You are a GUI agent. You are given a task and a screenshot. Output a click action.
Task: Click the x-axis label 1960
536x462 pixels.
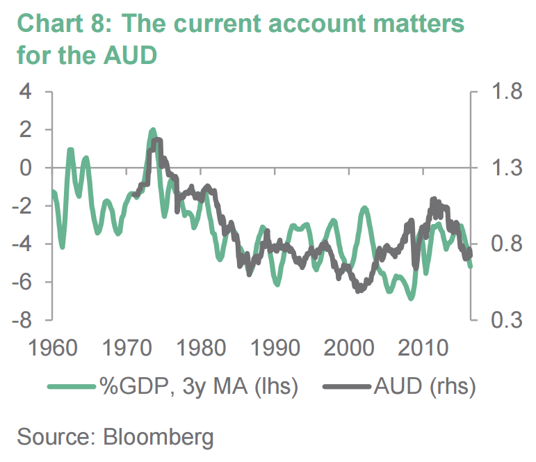pyautogui.click(x=49, y=347)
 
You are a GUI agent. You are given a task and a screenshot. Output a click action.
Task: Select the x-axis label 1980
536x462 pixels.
pyautogui.click(x=199, y=347)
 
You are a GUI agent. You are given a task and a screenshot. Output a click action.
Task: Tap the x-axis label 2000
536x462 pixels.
pyautogui.click(x=348, y=347)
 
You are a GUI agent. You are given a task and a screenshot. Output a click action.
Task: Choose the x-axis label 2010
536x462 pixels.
pyautogui.click(x=423, y=347)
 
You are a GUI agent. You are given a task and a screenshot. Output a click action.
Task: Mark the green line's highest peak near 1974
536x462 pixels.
pyautogui.click(x=152, y=130)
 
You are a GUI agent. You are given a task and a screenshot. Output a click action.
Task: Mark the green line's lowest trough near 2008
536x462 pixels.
pyautogui.click(x=412, y=297)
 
